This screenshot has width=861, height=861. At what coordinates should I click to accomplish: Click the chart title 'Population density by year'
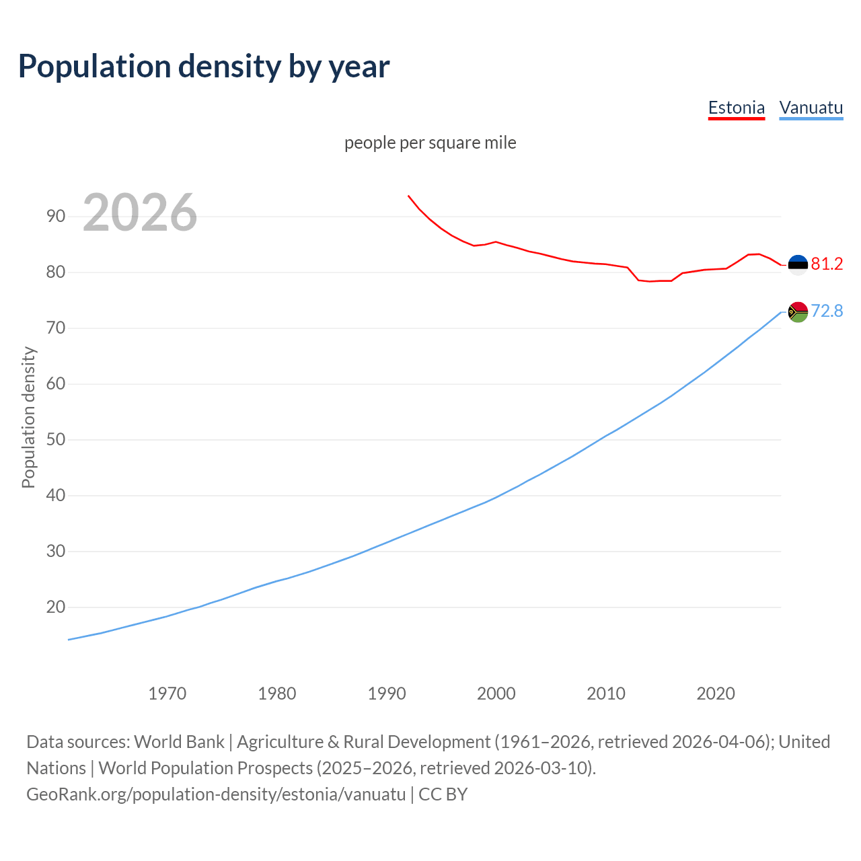204,67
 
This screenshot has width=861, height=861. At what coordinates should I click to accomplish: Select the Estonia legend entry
737,108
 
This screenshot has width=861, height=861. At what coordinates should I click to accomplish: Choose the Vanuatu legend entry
811,108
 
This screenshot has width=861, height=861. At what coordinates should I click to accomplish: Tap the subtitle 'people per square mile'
430,143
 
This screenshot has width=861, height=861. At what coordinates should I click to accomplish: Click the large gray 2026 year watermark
140,213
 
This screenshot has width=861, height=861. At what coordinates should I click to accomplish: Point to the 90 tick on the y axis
56,217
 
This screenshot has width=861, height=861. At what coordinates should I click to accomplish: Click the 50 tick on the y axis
56,440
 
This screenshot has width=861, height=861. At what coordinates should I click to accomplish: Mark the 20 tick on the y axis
56,607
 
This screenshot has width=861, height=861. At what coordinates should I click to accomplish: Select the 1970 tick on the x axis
167,694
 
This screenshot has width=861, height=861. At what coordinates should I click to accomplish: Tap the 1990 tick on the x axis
387,694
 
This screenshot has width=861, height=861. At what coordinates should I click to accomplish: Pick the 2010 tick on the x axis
606,694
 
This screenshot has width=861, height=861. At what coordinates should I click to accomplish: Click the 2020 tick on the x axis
716,694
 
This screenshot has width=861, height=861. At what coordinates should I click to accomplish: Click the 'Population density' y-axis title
28,417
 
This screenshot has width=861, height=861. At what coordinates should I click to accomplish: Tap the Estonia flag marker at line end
798,265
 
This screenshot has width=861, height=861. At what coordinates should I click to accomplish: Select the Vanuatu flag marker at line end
798,312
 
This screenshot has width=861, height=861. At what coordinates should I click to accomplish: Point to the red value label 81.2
827,264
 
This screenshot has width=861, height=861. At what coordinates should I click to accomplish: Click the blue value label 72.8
827,311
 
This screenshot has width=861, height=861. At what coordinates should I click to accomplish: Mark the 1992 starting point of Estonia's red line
408,196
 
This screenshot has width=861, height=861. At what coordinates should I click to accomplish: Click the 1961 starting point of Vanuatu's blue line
69,640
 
